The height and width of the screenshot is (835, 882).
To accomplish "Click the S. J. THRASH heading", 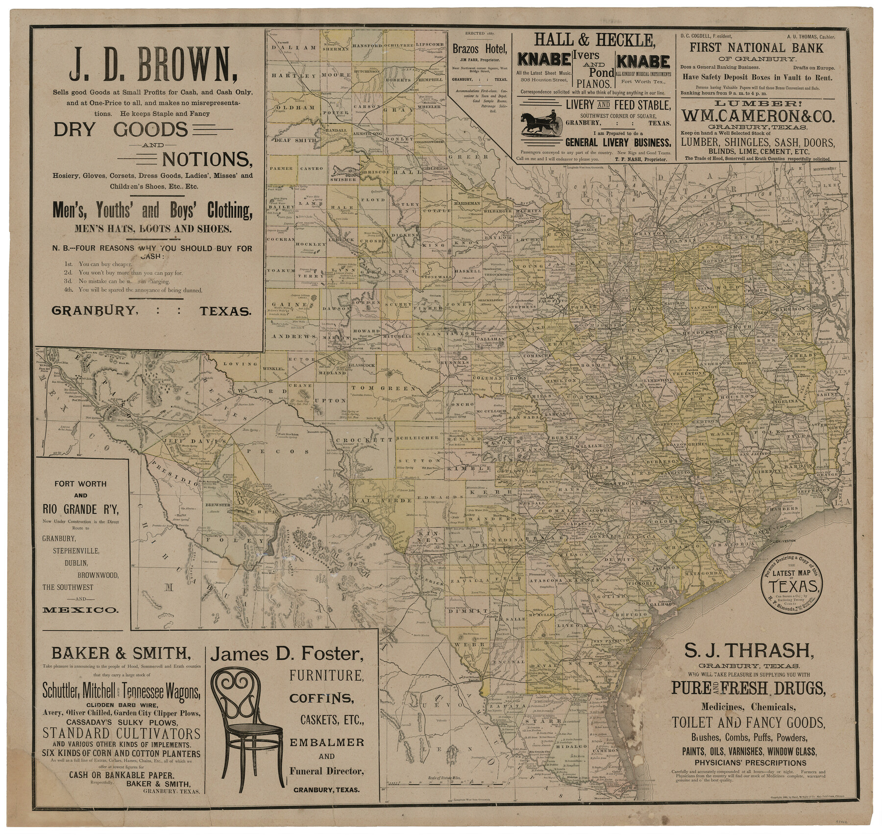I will [749, 650].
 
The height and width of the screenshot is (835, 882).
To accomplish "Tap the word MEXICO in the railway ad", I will [80, 610].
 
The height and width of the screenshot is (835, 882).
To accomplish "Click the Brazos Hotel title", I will [480, 49].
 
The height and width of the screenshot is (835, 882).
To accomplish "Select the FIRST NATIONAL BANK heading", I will [757, 48].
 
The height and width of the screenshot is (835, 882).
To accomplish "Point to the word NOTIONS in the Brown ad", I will [206, 159].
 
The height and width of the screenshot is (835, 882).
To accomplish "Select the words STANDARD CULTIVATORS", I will [122, 733].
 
